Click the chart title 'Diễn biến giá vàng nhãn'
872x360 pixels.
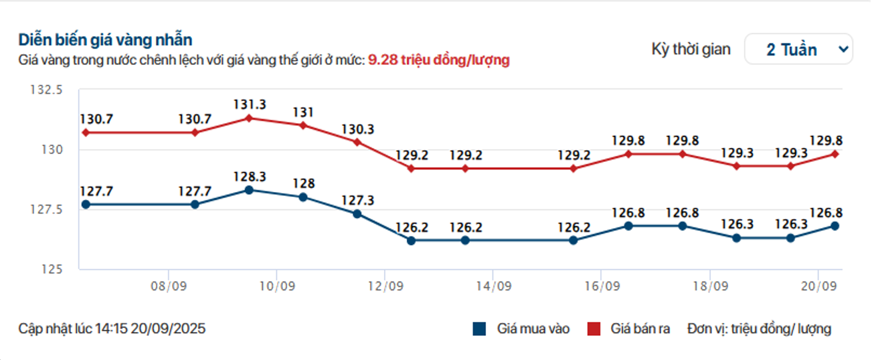click(x=106, y=39)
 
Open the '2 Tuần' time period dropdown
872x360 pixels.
click(x=798, y=50)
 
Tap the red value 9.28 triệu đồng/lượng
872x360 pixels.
click(x=439, y=60)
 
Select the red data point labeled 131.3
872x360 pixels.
click(x=249, y=118)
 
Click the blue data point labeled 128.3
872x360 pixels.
click(x=249, y=190)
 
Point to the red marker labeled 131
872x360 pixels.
click(x=303, y=125)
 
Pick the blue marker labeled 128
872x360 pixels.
click(x=303, y=197)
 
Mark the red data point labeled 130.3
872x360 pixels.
click(x=357, y=142)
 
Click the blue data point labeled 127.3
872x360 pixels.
click(x=357, y=214)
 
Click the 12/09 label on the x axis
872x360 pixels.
click(x=384, y=286)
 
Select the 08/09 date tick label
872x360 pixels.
click(x=168, y=286)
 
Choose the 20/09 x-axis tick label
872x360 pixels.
click(x=817, y=286)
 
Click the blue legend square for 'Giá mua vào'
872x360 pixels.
click(x=478, y=329)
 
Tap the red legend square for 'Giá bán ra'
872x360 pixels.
click(x=594, y=329)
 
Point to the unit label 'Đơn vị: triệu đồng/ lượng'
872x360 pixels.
click(x=759, y=329)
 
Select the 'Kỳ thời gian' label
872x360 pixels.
click(x=691, y=50)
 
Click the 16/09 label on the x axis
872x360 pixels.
click(x=601, y=286)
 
